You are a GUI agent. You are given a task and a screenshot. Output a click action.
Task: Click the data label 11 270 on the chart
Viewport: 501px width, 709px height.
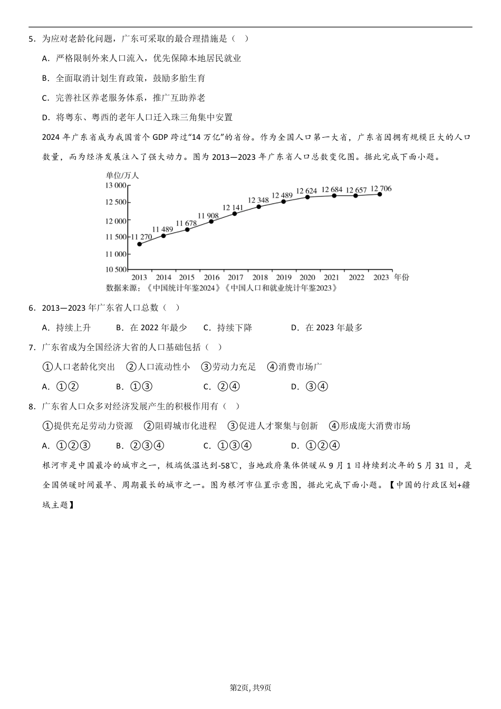(x=141, y=237)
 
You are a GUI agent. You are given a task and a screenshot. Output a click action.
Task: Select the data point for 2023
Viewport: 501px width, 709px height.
(x=380, y=195)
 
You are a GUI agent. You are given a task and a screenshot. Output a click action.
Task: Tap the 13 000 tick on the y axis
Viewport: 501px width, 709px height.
(x=115, y=186)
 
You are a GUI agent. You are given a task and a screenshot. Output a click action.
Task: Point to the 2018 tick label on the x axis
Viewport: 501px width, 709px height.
(x=260, y=277)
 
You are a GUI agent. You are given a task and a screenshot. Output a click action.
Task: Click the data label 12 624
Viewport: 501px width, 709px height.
(x=306, y=191)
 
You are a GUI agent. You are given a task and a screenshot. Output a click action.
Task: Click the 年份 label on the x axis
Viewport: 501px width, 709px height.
(x=401, y=277)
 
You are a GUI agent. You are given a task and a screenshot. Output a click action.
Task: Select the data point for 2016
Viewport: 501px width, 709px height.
(x=211, y=222)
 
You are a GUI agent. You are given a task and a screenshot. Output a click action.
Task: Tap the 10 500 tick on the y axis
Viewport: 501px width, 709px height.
(x=116, y=270)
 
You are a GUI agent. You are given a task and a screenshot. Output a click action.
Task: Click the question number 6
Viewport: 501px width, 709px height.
(x=32, y=308)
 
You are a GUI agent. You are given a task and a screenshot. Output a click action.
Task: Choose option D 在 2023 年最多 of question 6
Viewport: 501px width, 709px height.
(x=327, y=328)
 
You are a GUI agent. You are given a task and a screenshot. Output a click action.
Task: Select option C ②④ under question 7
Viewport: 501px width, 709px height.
(x=221, y=387)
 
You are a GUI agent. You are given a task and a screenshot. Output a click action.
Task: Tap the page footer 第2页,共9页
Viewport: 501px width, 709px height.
(x=250, y=687)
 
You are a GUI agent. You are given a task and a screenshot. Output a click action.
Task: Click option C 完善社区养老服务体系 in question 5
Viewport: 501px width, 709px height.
(x=123, y=98)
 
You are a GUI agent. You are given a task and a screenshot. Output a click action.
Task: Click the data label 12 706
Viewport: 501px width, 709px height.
(x=381, y=188)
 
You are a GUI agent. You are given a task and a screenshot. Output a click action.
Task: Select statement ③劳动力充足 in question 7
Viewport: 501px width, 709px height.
(x=228, y=367)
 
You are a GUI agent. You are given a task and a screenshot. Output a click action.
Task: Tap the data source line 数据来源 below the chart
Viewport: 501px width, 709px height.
(x=221, y=288)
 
